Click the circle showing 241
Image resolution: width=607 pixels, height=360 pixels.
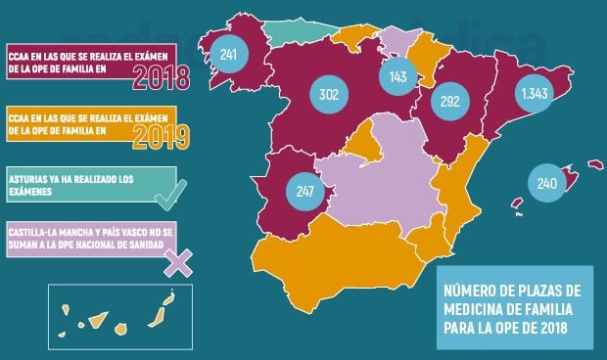click(229, 55)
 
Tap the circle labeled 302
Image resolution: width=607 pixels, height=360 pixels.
click(329, 95)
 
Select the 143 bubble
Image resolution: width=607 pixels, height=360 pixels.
click(397, 76)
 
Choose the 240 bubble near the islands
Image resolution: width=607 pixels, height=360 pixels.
click(547, 182)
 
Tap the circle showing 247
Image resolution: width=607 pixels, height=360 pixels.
click(303, 190)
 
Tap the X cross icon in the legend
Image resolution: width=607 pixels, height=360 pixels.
click(178, 260)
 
